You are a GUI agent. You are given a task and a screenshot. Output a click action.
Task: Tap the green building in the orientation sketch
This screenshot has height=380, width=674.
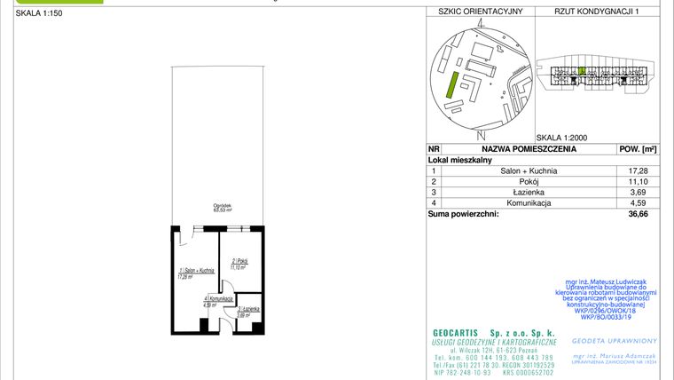tap(451, 85)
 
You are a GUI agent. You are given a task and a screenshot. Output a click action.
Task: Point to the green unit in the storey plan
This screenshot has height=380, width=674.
tap(581, 70)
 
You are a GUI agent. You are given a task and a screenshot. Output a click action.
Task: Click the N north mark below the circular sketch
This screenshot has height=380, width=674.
tap(480, 135)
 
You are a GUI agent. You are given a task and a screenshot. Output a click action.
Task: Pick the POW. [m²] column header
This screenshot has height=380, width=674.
tap(637, 149)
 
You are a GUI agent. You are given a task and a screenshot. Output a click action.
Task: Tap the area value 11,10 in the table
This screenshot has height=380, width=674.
tap(637, 181)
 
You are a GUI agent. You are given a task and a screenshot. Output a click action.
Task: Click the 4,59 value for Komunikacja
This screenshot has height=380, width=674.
tap(637, 203)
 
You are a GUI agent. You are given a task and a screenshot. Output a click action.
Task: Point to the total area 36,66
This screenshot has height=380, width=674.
tap(637, 214)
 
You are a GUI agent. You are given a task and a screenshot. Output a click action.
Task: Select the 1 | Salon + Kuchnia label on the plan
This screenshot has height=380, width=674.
tap(196, 272)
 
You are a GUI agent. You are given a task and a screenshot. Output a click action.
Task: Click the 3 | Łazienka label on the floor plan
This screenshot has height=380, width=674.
tap(247, 310)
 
